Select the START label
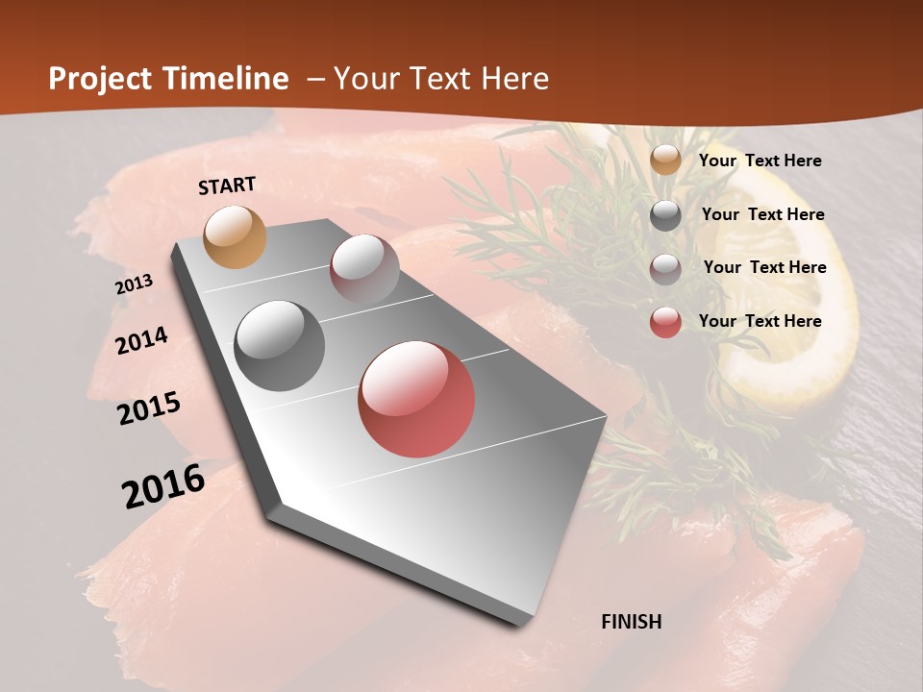point(227,185)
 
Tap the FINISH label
point(632,622)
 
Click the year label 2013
point(135,284)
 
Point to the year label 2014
point(141,340)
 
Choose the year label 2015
point(149,408)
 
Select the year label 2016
point(163,486)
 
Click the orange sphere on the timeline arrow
point(236,236)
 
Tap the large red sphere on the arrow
point(416,399)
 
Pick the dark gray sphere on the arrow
point(280,346)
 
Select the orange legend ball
point(665,161)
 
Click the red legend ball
point(665,322)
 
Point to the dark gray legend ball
point(665,215)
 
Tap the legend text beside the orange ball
point(760,161)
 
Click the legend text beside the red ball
point(760,321)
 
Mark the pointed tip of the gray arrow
point(524,622)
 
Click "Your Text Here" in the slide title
point(441,79)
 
